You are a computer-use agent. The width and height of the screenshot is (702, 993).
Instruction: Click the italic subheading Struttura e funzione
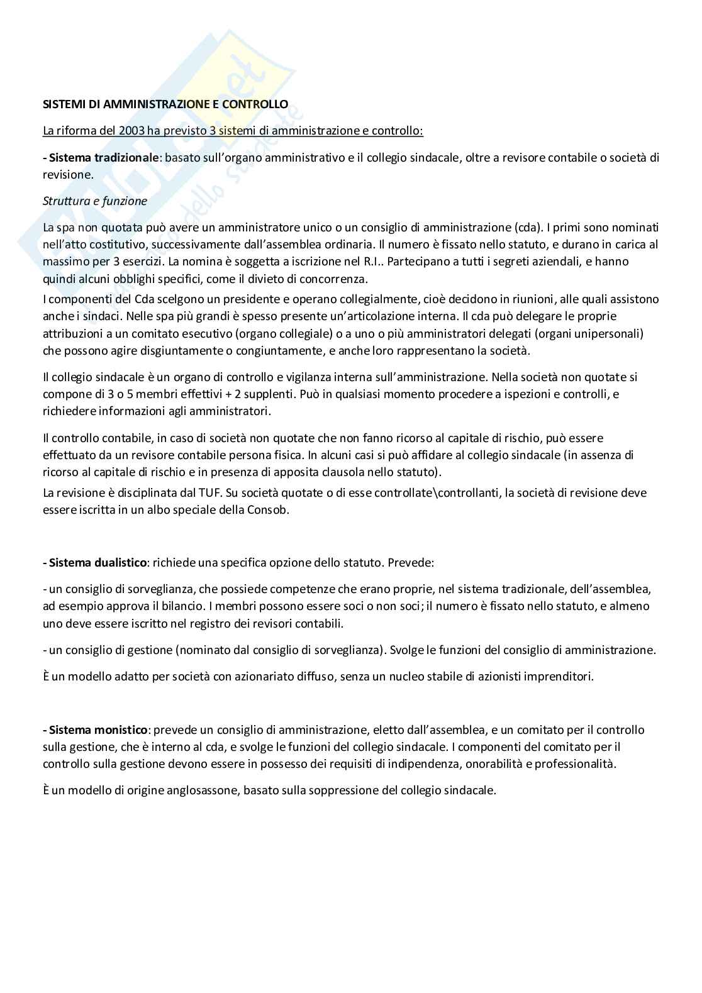point(95,201)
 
